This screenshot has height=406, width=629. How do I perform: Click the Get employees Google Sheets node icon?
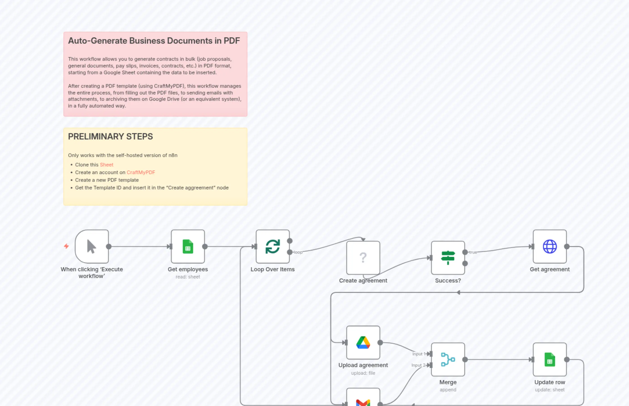tap(188, 247)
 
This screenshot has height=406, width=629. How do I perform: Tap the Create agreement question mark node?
tap(363, 258)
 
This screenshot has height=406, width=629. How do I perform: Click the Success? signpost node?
tap(448, 258)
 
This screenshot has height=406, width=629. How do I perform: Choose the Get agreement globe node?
tap(550, 247)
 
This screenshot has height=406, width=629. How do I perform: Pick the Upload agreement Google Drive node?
tap(363, 343)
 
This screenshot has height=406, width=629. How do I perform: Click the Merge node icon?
tap(448, 359)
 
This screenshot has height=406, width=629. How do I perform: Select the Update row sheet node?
tap(550, 359)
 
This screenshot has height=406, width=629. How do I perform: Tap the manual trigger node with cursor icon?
tap(92, 247)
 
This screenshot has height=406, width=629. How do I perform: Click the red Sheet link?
tap(106, 164)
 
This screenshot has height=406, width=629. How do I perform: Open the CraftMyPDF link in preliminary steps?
tap(141, 172)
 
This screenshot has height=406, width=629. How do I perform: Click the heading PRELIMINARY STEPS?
tap(110, 136)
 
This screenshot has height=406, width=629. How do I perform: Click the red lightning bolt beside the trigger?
tap(66, 246)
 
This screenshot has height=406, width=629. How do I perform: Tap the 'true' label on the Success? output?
tap(473, 252)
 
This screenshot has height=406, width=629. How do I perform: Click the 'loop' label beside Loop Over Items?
tap(298, 252)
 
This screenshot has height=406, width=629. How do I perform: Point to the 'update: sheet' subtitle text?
tap(550, 390)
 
